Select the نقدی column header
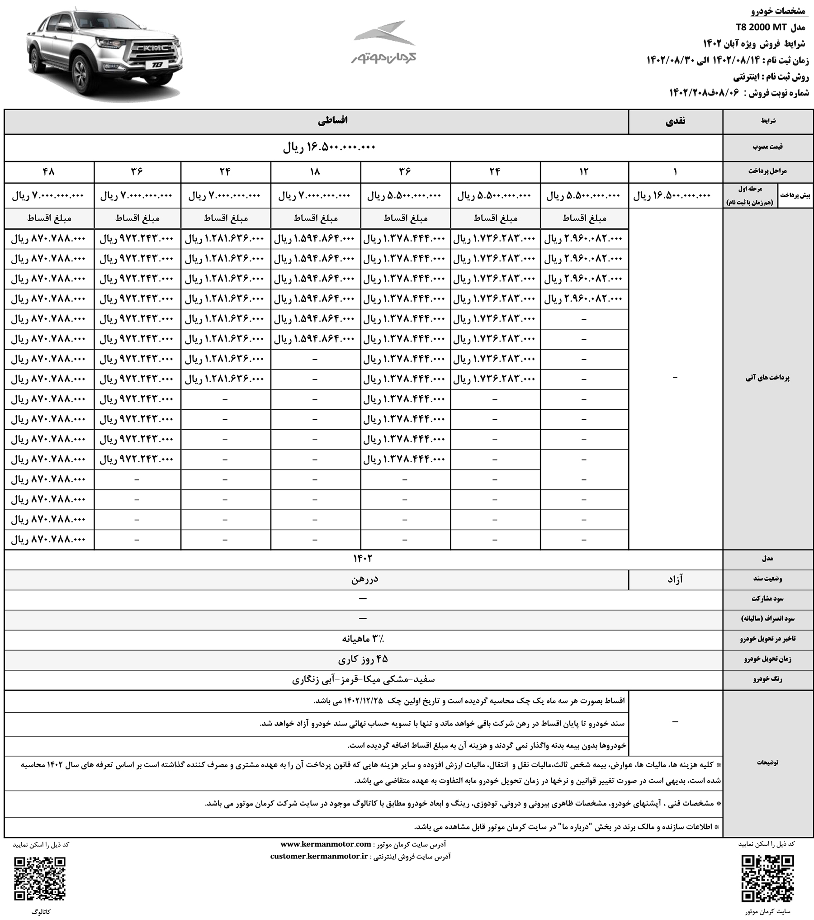point(676,121)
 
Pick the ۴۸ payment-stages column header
point(49,172)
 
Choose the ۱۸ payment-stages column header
point(315,172)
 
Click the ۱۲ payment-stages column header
point(584,172)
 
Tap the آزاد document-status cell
point(675,579)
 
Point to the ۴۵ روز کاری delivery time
point(363,659)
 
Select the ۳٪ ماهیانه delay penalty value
point(365,639)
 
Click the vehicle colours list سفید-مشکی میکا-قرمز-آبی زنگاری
point(364,679)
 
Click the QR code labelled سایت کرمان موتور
point(768,880)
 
